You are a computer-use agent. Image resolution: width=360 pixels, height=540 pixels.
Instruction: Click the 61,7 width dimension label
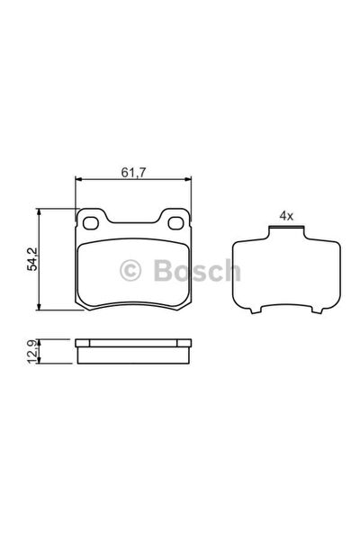(133, 172)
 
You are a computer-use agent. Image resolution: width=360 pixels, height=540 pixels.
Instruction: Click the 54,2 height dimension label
(32, 259)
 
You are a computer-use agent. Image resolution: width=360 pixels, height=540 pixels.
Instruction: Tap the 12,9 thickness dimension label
(32, 351)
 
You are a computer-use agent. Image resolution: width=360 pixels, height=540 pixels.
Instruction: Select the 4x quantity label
(286, 216)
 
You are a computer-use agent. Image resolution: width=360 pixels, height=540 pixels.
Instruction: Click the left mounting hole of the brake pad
(91, 223)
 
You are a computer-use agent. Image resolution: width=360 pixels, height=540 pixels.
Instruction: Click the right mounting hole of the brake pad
(175, 223)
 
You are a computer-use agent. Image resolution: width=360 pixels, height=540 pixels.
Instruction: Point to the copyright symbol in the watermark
(130, 270)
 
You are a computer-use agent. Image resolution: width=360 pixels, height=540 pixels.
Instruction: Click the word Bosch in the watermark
(197, 270)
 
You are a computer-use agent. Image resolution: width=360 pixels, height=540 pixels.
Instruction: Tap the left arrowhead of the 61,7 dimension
(79, 179)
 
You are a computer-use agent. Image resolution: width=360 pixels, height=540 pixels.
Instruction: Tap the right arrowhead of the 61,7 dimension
(187, 179)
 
